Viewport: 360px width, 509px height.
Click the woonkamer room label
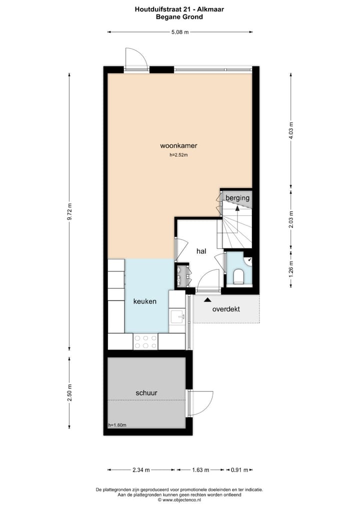tap(178, 146)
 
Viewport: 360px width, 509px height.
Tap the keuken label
tap(145, 301)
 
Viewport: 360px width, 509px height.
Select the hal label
tap(201, 251)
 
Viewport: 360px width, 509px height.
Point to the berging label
tap(237, 198)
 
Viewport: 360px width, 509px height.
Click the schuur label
tap(146, 393)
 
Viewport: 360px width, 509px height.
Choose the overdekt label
tap(226, 309)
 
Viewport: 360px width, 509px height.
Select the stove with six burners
tap(145, 341)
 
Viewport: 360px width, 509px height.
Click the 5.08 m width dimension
tap(179, 32)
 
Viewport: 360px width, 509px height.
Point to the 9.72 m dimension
tap(69, 213)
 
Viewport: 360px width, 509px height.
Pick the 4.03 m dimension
tap(291, 130)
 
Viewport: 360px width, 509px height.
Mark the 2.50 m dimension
tap(69, 392)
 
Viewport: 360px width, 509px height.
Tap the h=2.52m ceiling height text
tap(178, 155)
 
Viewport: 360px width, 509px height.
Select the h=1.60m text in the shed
tap(117, 425)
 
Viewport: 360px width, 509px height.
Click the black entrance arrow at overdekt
tap(207, 299)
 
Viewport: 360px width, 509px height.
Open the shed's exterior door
tap(201, 403)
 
